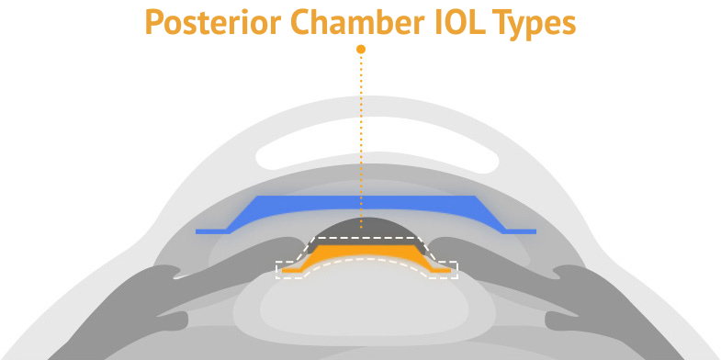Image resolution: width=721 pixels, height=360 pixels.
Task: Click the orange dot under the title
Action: click(361, 49)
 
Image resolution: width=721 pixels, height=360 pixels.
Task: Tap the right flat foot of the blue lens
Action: click(519, 231)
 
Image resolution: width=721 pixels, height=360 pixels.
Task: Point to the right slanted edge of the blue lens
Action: click(490, 216)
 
